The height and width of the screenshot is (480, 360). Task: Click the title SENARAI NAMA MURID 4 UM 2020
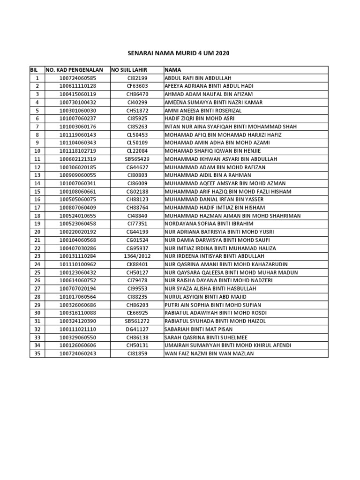coord(180,54)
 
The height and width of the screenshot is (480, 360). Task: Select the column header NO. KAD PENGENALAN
coord(75,70)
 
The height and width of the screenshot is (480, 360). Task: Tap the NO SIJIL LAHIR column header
coord(129,70)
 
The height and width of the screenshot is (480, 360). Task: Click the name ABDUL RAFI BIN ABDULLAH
coord(197,78)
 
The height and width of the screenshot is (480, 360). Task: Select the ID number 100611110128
coord(77,86)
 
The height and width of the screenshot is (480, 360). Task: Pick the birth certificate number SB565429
coord(137,159)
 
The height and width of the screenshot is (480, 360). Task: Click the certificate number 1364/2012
coord(137,256)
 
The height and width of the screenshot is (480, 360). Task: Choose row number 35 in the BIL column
coord(37,353)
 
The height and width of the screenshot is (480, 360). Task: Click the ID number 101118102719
coord(77,151)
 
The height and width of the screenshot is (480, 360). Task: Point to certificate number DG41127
coord(137,329)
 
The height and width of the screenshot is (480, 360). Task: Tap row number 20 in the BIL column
coord(37,232)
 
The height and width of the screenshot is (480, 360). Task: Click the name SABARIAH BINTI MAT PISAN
coord(199,329)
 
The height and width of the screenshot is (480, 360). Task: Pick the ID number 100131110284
coord(77,256)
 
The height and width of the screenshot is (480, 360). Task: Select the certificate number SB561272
coord(137,321)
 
